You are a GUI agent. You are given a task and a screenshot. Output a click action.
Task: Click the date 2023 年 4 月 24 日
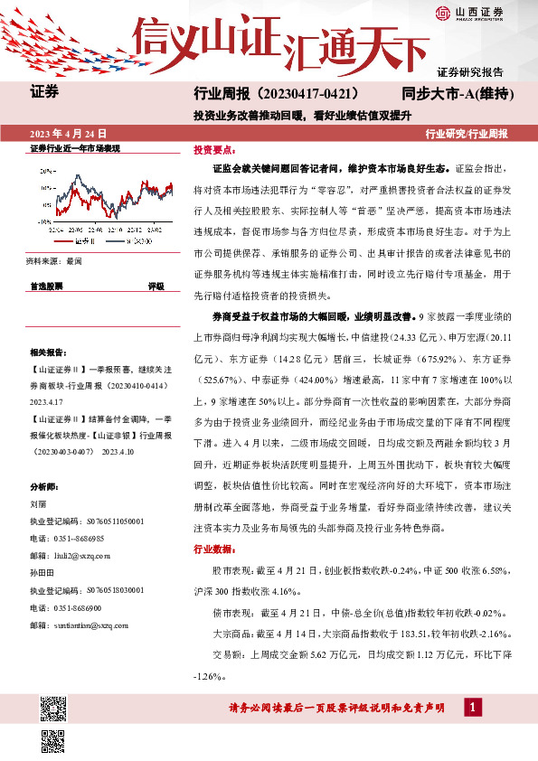coord(68,132)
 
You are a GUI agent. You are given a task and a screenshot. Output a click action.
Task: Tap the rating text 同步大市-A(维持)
coord(458,93)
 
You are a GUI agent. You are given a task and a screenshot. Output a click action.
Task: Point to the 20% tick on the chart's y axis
coord(45,170)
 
